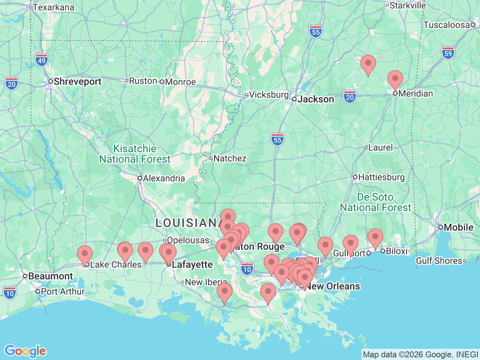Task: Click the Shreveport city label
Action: click(x=77, y=82)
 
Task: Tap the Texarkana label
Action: click(x=53, y=7)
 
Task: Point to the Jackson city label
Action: click(x=315, y=99)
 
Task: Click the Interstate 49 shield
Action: click(x=42, y=60)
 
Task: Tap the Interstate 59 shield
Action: click(x=448, y=53)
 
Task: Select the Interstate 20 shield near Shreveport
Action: click(x=12, y=84)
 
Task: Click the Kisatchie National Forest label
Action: click(x=135, y=154)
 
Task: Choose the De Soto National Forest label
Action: click(x=375, y=202)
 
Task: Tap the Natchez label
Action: click(x=229, y=159)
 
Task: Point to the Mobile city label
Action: click(x=458, y=228)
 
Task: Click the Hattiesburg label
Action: click(x=381, y=177)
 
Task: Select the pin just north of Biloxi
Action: click(x=375, y=238)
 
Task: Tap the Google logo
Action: click(x=25, y=351)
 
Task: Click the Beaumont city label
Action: click(x=50, y=276)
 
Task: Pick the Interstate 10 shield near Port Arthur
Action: click(x=10, y=294)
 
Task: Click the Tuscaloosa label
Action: click(x=446, y=25)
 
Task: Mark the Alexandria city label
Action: click(x=163, y=178)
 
